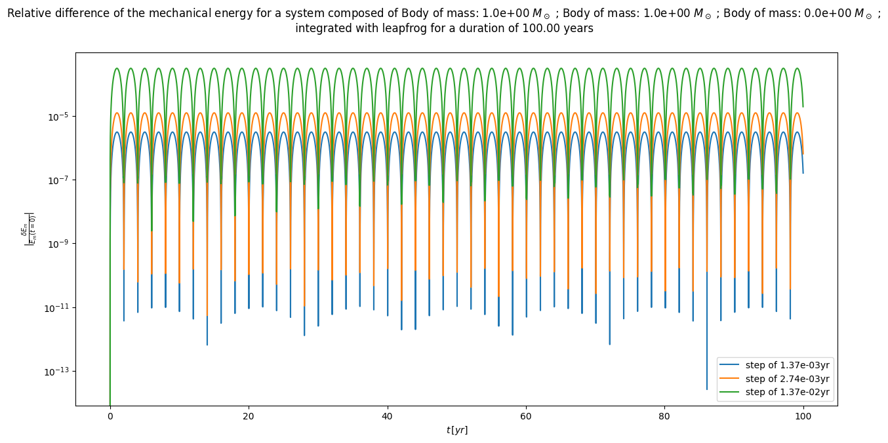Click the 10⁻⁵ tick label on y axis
[59, 117]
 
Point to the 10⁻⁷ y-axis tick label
[59, 180]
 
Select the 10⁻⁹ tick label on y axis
[59, 244]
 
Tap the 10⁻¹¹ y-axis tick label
[58, 307]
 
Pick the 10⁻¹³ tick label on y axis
[58, 372]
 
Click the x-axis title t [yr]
[456, 430]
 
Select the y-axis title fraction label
[29, 229]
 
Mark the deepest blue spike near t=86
[706, 388]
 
